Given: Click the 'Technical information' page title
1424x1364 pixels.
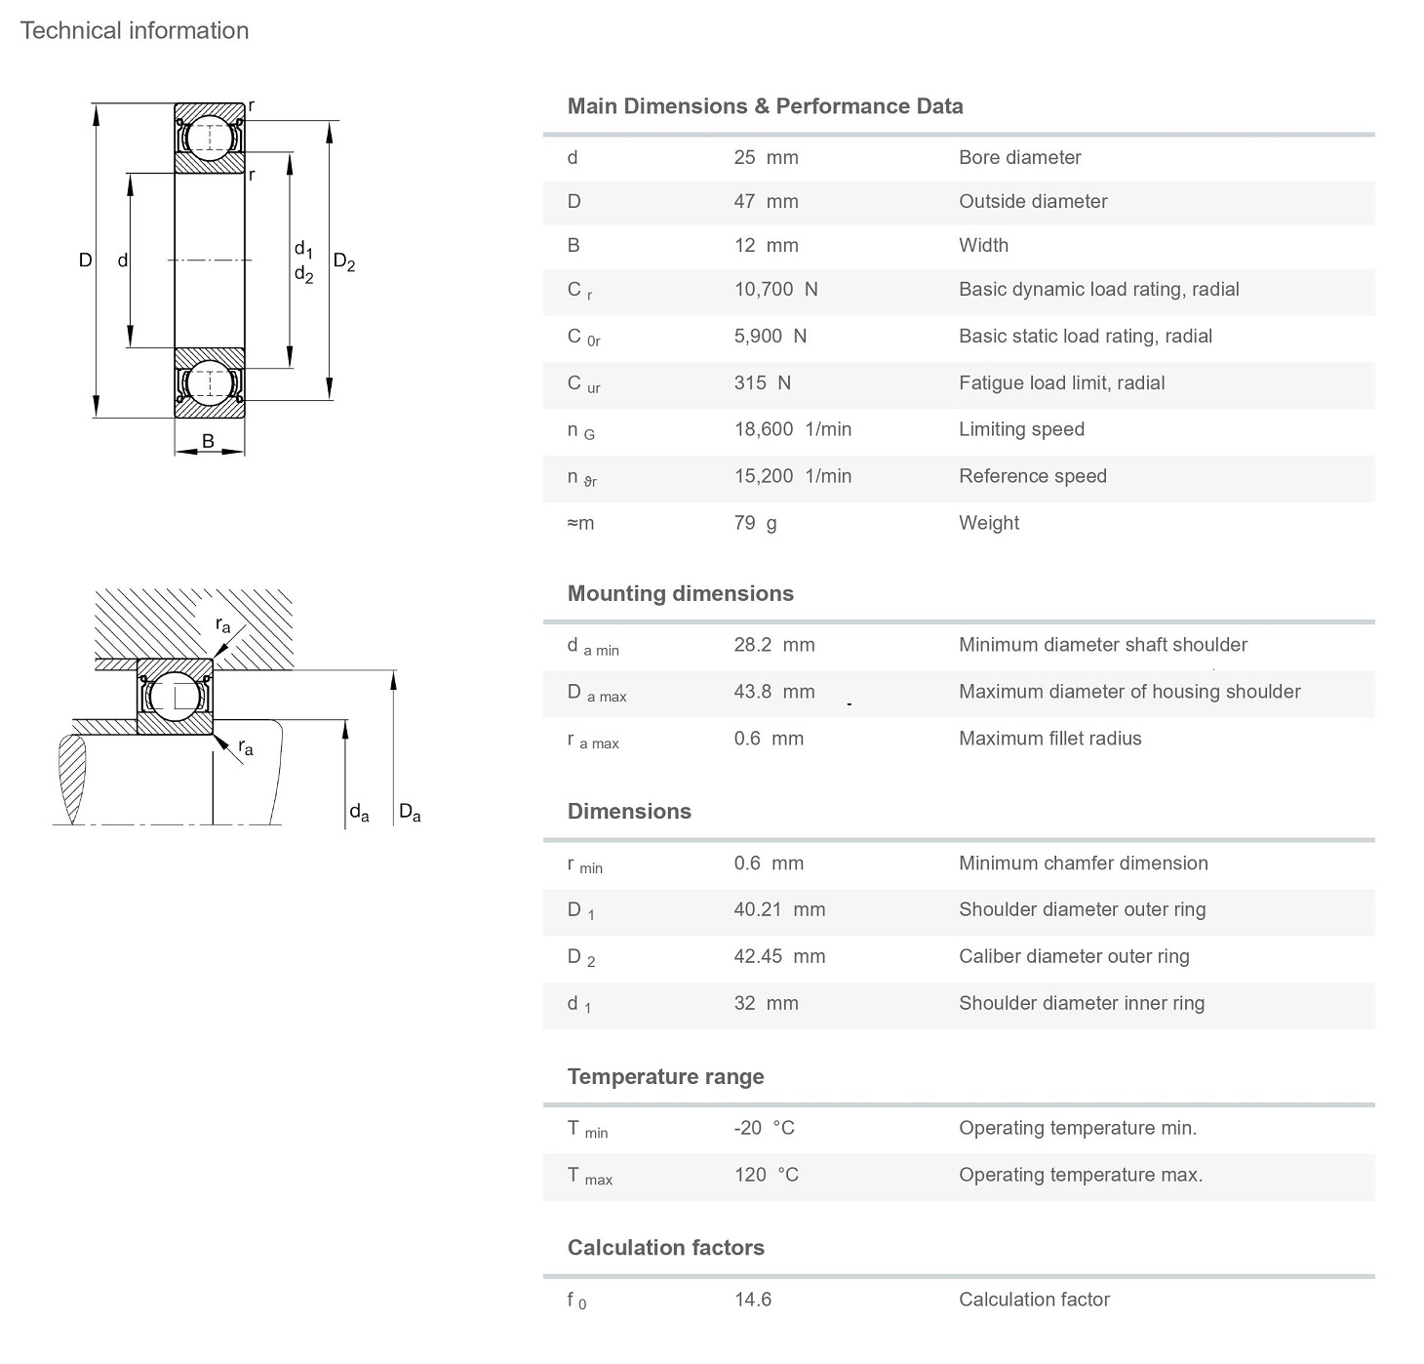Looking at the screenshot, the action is [134, 31].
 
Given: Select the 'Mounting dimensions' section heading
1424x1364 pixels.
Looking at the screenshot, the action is [681, 593].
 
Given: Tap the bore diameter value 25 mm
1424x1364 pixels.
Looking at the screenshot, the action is [767, 157].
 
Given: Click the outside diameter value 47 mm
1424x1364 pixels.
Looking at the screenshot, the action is [767, 201].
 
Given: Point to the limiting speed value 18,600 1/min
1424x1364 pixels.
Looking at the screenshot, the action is [793, 429].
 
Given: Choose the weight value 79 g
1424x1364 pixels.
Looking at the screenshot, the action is [756, 523].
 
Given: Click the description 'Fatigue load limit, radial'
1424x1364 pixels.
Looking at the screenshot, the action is [1062, 382].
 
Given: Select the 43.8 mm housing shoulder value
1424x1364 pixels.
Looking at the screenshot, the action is [774, 692].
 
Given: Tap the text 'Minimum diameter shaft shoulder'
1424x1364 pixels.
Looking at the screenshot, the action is [1103, 645].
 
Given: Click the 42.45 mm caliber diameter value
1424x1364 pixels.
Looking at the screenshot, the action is [779, 956].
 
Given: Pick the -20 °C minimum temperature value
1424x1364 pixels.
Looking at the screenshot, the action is [764, 1128].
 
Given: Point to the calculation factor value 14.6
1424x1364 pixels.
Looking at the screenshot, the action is [753, 1300].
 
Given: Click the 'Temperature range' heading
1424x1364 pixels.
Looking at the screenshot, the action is [666, 1076].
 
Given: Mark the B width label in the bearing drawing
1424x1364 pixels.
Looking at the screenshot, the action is [208, 441].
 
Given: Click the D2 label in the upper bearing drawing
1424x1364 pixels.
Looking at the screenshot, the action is [344, 262].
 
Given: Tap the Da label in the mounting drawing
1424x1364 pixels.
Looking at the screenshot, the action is [410, 812].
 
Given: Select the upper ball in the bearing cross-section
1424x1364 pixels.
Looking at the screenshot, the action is [210, 138].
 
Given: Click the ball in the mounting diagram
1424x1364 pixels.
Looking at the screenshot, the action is [175, 696].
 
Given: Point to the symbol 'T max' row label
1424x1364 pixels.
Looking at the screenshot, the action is [590, 1176].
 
